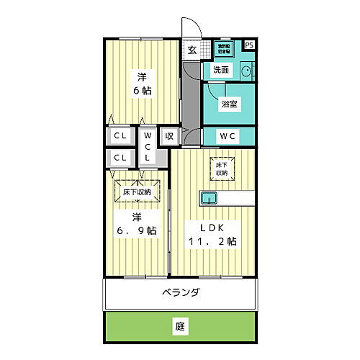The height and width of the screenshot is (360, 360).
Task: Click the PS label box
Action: click(x=249, y=45)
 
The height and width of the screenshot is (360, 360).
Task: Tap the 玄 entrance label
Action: click(x=192, y=50)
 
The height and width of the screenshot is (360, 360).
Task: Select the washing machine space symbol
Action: click(x=225, y=48)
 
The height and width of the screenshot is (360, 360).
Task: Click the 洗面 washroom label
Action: click(x=221, y=71)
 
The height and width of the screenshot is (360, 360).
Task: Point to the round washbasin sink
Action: click(x=246, y=71)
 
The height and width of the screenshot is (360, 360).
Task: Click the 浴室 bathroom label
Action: click(x=230, y=104)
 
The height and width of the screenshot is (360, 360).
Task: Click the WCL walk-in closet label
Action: click(x=147, y=146)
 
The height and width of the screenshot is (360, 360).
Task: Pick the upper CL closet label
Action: click(x=121, y=135)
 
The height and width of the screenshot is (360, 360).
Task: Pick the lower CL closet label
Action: click(x=121, y=158)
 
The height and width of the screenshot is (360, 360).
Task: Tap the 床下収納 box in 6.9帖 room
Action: click(x=135, y=192)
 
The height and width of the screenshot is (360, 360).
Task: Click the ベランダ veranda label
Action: click(x=180, y=292)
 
